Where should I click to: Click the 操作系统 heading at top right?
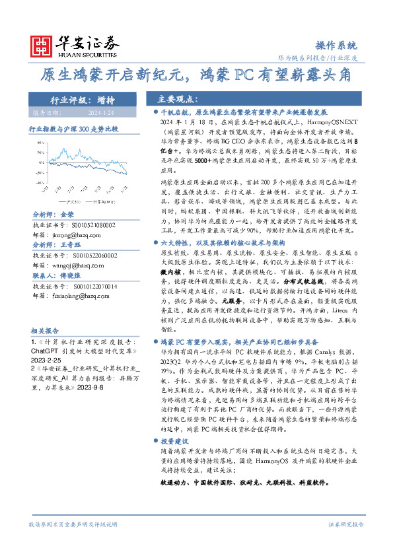click(x=336, y=46)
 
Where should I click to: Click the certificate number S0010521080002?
click(x=88, y=225)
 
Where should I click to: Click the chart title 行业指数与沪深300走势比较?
click(x=73, y=130)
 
